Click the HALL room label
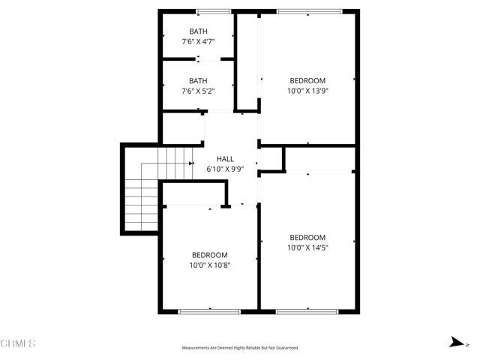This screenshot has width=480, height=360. (225, 159)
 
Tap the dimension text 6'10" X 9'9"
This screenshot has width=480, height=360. (225, 169)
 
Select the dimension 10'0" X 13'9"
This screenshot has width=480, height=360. (307, 91)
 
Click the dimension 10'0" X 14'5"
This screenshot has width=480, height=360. (307, 247)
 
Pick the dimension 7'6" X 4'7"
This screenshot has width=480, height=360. (198, 42)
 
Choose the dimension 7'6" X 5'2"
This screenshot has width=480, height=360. (198, 91)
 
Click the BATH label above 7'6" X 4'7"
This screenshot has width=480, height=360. (198, 31)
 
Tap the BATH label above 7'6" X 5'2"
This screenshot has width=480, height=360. (198, 80)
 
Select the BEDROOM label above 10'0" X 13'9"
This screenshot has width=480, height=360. (307, 80)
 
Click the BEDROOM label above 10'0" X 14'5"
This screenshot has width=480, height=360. (307, 237)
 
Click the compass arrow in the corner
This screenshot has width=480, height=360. (454, 343)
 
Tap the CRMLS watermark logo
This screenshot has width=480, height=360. (18, 343)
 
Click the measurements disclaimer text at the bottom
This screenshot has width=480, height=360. (240, 348)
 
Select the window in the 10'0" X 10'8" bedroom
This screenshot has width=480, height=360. (209, 310)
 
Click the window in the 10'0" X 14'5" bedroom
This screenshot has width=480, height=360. (308, 310)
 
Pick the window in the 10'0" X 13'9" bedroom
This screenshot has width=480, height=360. (309, 11)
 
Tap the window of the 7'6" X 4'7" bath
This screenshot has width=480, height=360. (214, 11)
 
